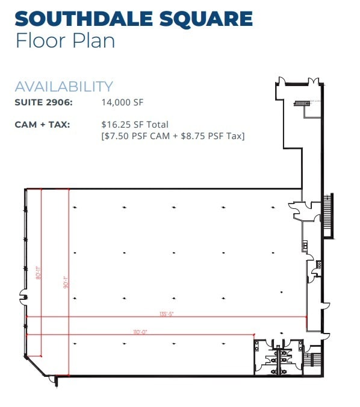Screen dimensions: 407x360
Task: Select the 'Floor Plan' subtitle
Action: pos(64,42)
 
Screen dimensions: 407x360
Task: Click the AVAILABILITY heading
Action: pos(63,87)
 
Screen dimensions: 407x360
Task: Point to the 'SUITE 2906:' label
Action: pos(43,103)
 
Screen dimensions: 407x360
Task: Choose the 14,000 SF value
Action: pos(123,103)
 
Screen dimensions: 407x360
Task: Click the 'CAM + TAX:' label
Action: pos(42,125)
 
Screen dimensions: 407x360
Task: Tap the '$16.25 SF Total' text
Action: pos(135,125)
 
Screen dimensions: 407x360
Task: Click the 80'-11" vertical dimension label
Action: pos(39,273)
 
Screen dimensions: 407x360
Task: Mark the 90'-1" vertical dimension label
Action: pos(66,282)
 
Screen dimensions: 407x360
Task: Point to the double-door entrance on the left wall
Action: pos(23,297)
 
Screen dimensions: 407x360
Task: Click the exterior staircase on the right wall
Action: pos(328,216)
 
